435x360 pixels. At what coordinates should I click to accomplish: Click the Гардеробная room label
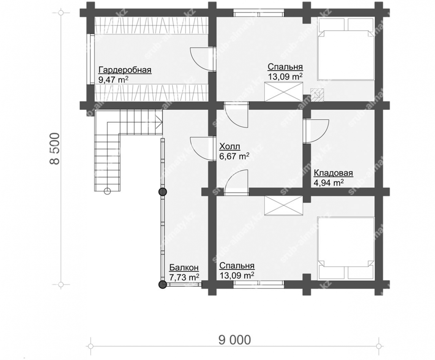(125, 70)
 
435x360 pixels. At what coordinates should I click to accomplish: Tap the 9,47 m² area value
(113, 79)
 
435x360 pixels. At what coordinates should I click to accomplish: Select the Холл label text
(230, 147)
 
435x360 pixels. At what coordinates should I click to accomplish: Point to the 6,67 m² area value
(234, 156)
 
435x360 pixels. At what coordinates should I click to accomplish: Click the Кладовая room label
(333, 173)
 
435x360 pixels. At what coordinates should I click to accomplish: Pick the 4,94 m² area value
(328, 182)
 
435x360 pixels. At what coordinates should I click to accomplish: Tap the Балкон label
(184, 268)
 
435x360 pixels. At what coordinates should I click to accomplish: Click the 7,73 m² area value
(184, 277)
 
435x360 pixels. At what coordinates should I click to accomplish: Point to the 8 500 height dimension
(55, 149)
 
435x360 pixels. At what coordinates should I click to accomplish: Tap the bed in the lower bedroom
(346, 248)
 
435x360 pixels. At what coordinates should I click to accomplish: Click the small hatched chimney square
(317, 95)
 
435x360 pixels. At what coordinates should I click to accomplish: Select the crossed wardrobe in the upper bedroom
(283, 92)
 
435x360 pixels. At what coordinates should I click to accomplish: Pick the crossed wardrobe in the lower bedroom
(283, 205)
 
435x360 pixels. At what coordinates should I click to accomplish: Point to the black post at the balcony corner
(162, 284)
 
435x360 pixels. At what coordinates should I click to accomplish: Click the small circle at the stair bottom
(107, 191)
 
